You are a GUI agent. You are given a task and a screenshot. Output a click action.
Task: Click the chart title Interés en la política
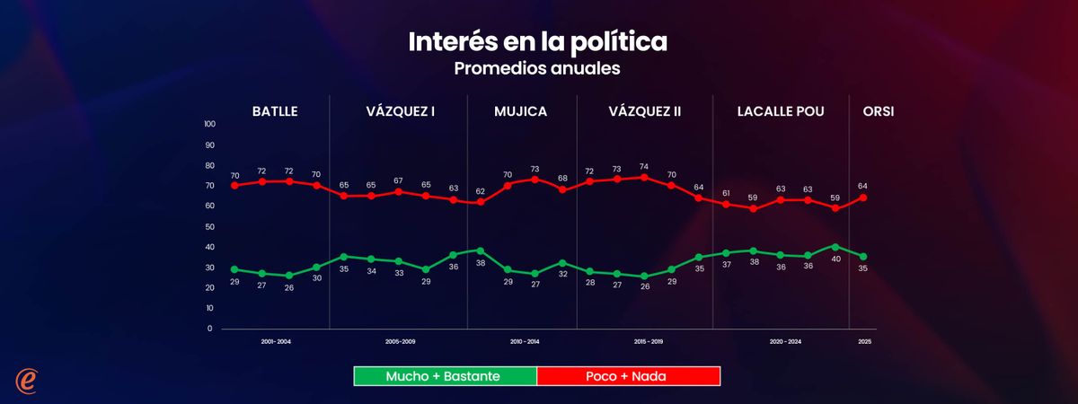pyautogui.click(x=538, y=42)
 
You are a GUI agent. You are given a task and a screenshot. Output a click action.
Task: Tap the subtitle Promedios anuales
pyautogui.click(x=538, y=68)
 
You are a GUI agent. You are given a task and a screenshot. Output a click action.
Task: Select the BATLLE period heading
pyautogui.click(x=275, y=111)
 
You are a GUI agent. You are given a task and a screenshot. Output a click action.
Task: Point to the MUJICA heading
pyautogui.click(x=520, y=111)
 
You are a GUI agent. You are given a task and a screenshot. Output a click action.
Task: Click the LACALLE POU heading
pyautogui.click(x=781, y=111)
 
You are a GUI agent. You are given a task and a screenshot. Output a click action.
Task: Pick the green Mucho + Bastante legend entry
pyautogui.click(x=446, y=375)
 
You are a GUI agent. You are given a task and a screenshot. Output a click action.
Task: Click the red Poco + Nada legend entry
pyautogui.click(x=628, y=375)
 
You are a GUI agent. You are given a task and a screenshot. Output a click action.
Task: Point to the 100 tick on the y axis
pyautogui.click(x=209, y=124)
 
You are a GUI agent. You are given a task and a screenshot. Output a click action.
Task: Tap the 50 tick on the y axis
pyautogui.click(x=209, y=226)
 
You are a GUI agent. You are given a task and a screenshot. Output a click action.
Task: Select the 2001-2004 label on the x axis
pyautogui.click(x=275, y=342)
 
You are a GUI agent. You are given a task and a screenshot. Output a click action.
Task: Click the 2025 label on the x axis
pyautogui.click(x=864, y=342)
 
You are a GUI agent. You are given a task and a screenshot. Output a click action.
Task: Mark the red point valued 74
pyautogui.click(x=644, y=177)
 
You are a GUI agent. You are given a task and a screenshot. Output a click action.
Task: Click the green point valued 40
pyautogui.click(x=835, y=246)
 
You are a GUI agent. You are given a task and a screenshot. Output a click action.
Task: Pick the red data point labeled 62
pyautogui.click(x=481, y=202)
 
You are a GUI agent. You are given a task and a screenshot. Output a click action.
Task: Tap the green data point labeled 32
pyautogui.click(x=562, y=263)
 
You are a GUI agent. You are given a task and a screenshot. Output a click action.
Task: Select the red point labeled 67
pyautogui.click(x=398, y=191)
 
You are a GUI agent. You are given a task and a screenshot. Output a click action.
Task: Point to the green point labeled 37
pyautogui.click(x=726, y=253)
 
